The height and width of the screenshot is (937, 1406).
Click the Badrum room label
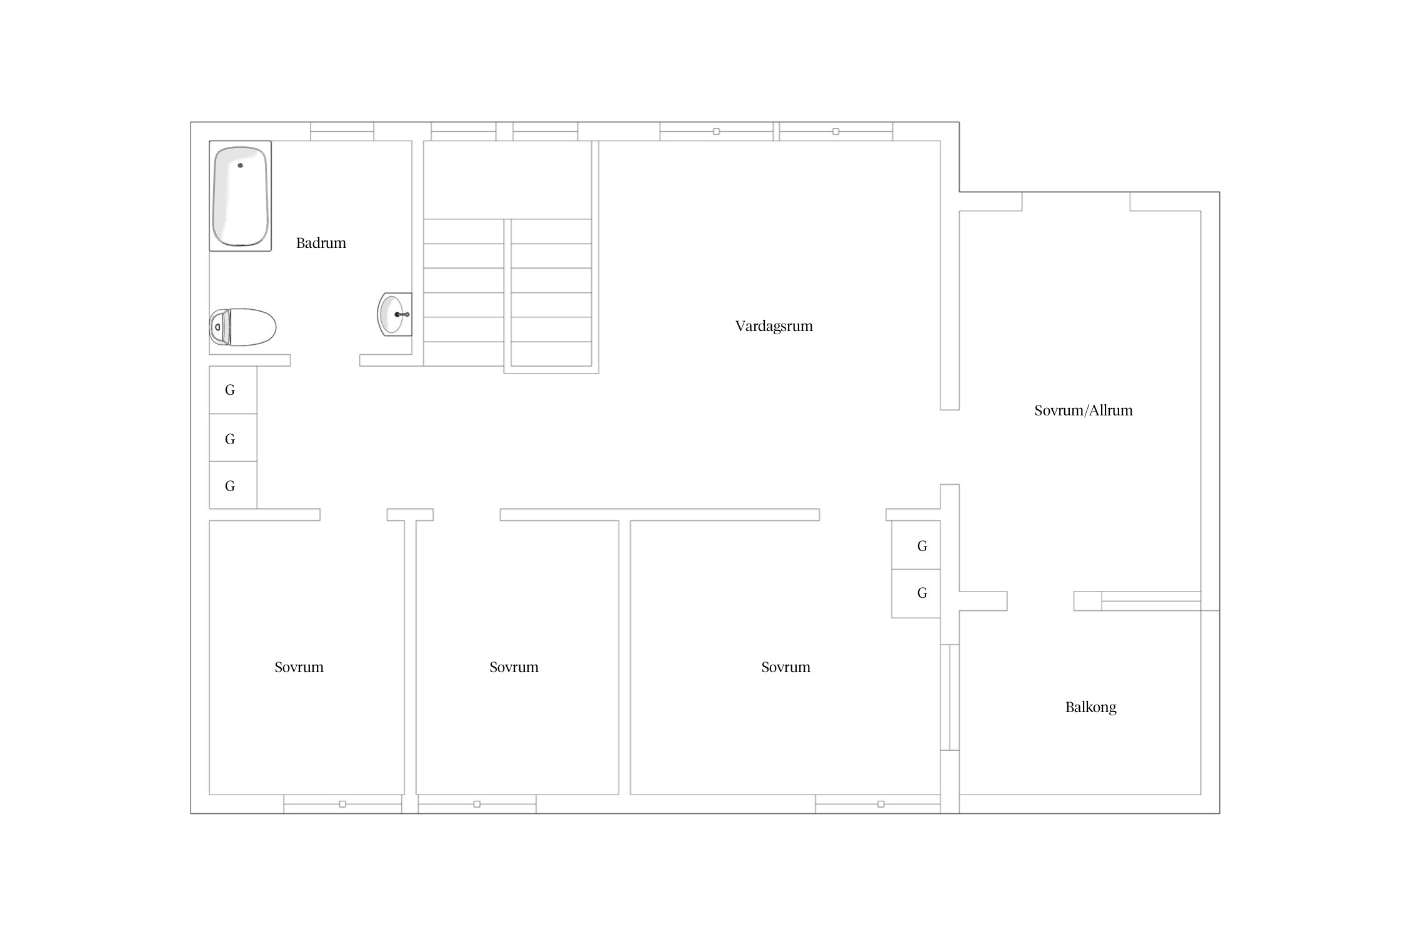pyautogui.click(x=321, y=243)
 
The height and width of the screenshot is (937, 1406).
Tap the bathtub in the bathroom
pyautogui.click(x=240, y=196)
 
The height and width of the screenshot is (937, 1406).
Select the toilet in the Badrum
pyautogui.click(x=242, y=327)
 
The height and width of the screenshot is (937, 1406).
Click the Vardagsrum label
pyautogui.click(x=774, y=326)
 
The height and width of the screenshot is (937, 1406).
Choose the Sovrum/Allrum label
pyautogui.click(x=1083, y=410)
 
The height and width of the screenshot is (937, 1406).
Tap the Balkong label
pyautogui.click(x=1090, y=707)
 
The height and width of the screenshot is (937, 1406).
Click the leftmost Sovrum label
pyautogui.click(x=299, y=667)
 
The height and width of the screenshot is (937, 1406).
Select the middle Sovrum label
pyautogui.click(x=514, y=667)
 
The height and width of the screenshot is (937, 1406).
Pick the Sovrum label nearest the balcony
pyautogui.click(x=785, y=667)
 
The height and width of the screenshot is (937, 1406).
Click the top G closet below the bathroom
pyautogui.click(x=232, y=390)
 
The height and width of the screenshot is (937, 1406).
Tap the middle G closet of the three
pyautogui.click(x=232, y=437)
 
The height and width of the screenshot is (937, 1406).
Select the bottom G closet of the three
pyautogui.click(x=232, y=485)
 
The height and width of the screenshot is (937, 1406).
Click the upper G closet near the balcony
pyautogui.click(x=916, y=545)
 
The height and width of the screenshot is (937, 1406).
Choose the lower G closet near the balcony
pyautogui.click(x=916, y=593)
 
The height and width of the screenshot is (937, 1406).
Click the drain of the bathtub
pyautogui.click(x=240, y=166)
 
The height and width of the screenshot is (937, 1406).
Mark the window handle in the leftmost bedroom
pyautogui.click(x=342, y=804)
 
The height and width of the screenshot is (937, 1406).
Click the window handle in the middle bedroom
pyautogui.click(x=477, y=804)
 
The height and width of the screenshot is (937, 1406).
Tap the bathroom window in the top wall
pyautogui.click(x=342, y=131)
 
